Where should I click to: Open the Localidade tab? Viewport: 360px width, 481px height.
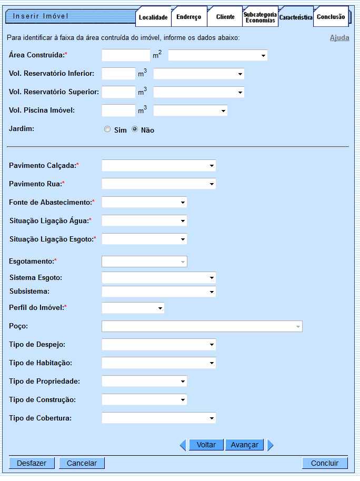153,17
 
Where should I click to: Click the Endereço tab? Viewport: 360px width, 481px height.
189,17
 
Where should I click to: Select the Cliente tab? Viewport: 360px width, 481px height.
225,17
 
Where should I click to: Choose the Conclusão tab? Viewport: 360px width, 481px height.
331,17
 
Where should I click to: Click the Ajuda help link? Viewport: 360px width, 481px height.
339,38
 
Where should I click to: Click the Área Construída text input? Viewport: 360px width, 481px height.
126,55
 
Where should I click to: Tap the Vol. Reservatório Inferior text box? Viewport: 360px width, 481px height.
119,74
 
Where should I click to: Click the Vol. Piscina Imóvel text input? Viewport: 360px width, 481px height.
119,111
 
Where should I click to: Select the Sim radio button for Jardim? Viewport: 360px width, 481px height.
107,129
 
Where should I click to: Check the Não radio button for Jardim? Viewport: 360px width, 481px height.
135,129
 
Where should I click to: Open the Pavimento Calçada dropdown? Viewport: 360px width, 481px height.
159,166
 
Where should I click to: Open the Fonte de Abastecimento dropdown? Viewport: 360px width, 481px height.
144,203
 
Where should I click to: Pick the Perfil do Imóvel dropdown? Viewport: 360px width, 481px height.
133,308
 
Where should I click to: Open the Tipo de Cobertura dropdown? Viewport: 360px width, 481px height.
159,418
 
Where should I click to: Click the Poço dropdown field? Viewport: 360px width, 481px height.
202,326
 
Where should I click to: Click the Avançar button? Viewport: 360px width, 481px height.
244,445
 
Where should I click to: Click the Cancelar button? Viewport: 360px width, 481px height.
82,463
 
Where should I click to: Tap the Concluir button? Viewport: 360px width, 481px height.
325,463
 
